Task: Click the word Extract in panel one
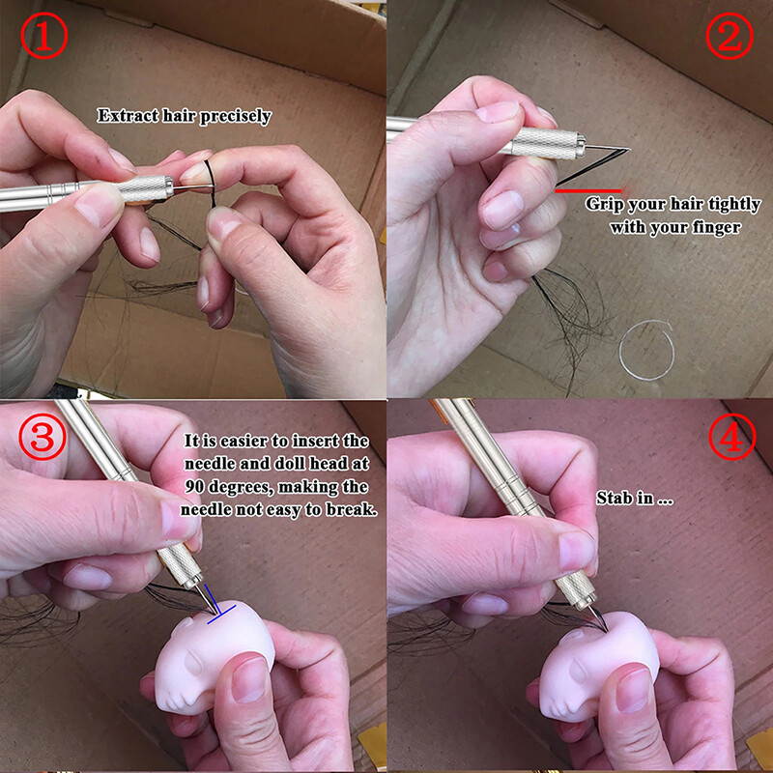[x=123, y=116]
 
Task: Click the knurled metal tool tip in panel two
[x=541, y=142]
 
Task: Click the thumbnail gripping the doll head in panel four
[x=632, y=691]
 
